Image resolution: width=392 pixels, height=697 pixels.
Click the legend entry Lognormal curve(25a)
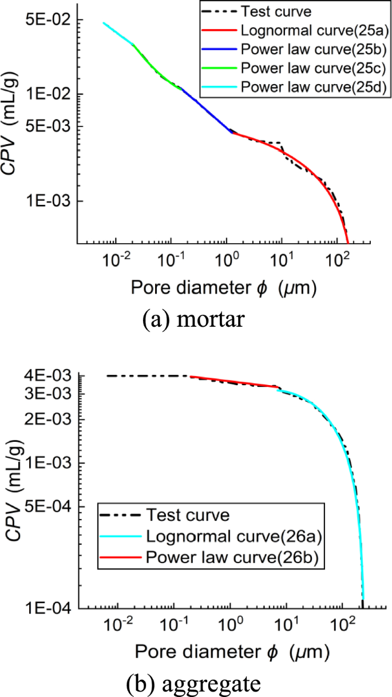[x=292, y=30]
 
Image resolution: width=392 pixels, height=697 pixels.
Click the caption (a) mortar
[x=193, y=318]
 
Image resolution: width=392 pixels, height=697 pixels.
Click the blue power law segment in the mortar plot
[x=206, y=109]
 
